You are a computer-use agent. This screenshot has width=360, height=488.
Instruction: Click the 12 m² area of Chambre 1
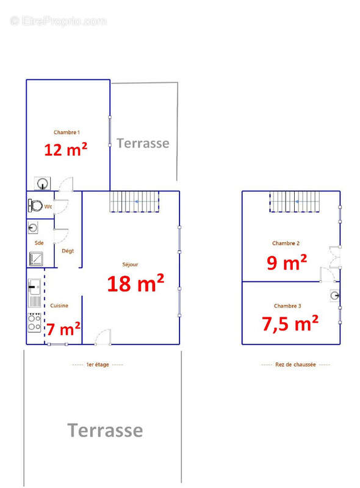[66, 149]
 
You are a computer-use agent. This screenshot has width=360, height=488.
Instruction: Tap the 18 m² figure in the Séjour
[135, 283]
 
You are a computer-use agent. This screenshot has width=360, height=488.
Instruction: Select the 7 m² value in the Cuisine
[63, 329]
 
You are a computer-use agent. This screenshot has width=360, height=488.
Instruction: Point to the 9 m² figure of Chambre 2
[287, 262]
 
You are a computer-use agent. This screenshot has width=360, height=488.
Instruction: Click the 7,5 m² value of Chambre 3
[290, 323]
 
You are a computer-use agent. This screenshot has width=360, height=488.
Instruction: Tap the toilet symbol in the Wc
[35, 206]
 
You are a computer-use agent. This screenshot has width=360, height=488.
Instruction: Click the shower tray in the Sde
[36, 259]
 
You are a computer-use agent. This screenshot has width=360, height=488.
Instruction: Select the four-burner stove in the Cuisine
[34, 323]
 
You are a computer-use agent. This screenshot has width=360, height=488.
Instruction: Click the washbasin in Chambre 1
[42, 184]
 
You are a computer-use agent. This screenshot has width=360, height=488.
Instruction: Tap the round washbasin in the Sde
[33, 228]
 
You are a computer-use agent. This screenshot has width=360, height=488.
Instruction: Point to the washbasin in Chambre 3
[335, 295]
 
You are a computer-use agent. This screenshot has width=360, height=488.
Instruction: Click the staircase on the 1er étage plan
[134, 202]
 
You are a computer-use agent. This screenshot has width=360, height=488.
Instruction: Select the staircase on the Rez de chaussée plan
[295, 202]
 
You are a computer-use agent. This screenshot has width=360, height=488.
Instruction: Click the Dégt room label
[68, 251]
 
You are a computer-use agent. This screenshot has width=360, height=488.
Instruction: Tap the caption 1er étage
[98, 364]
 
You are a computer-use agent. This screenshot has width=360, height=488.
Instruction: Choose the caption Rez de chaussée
[295, 364]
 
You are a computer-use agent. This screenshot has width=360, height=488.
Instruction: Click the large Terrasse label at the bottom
[105, 431]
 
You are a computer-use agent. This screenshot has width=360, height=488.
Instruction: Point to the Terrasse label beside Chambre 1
[143, 143]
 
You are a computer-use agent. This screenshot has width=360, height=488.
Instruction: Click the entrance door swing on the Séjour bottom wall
[103, 337]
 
